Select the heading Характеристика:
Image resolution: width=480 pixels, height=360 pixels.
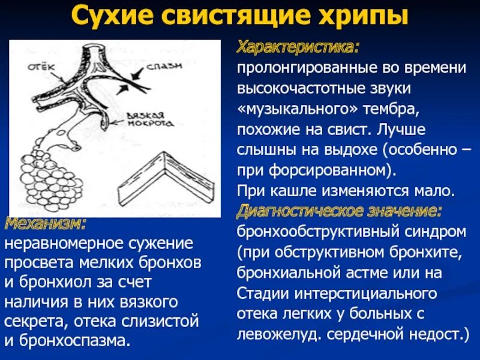coord(298,47)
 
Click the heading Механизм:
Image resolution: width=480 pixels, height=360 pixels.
coord(46,224)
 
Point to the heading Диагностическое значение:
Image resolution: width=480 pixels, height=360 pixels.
coord(340,211)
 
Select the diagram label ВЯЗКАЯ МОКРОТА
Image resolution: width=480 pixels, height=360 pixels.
coord(152,118)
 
